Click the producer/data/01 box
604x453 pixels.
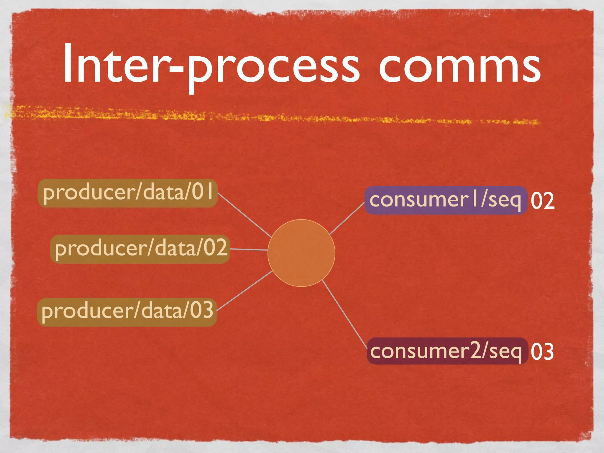127,193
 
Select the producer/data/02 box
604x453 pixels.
140,249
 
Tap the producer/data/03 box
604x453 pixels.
127,312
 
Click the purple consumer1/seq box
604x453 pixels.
445,200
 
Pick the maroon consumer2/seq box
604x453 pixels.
447,351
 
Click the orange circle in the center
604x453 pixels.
301,253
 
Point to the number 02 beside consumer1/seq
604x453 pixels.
542,201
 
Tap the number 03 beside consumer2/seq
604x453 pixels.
542,352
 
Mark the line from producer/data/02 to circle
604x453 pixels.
249,250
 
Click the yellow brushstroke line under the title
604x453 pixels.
265,117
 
